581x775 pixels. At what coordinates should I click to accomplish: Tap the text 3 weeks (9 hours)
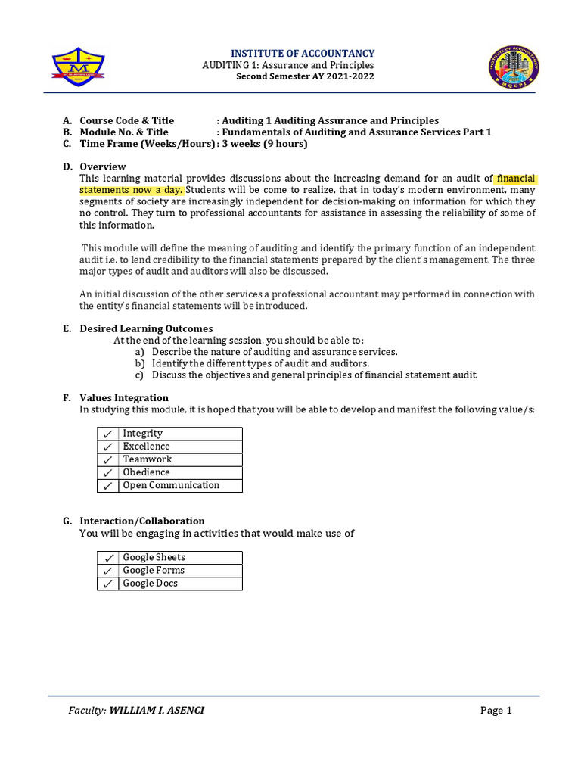tap(265, 144)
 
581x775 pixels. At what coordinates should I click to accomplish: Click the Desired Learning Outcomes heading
tap(146, 328)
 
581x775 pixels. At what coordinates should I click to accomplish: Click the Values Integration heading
tap(124, 397)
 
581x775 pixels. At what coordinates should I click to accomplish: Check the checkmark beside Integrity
tap(107, 434)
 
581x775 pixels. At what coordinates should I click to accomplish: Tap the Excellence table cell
tap(180, 447)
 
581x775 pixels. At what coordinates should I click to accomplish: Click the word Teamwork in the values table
tap(148, 459)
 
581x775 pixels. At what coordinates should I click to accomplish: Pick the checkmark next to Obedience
tap(107, 472)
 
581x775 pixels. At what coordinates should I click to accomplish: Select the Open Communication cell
tap(180, 485)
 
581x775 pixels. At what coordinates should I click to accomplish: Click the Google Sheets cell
tap(180, 557)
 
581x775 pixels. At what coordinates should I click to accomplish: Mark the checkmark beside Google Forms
tap(107, 571)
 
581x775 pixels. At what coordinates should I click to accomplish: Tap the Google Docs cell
tap(180, 584)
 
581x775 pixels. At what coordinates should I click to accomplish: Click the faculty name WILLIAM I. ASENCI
tap(157, 710)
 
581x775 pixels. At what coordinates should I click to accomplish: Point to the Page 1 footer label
tap(496, 710)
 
